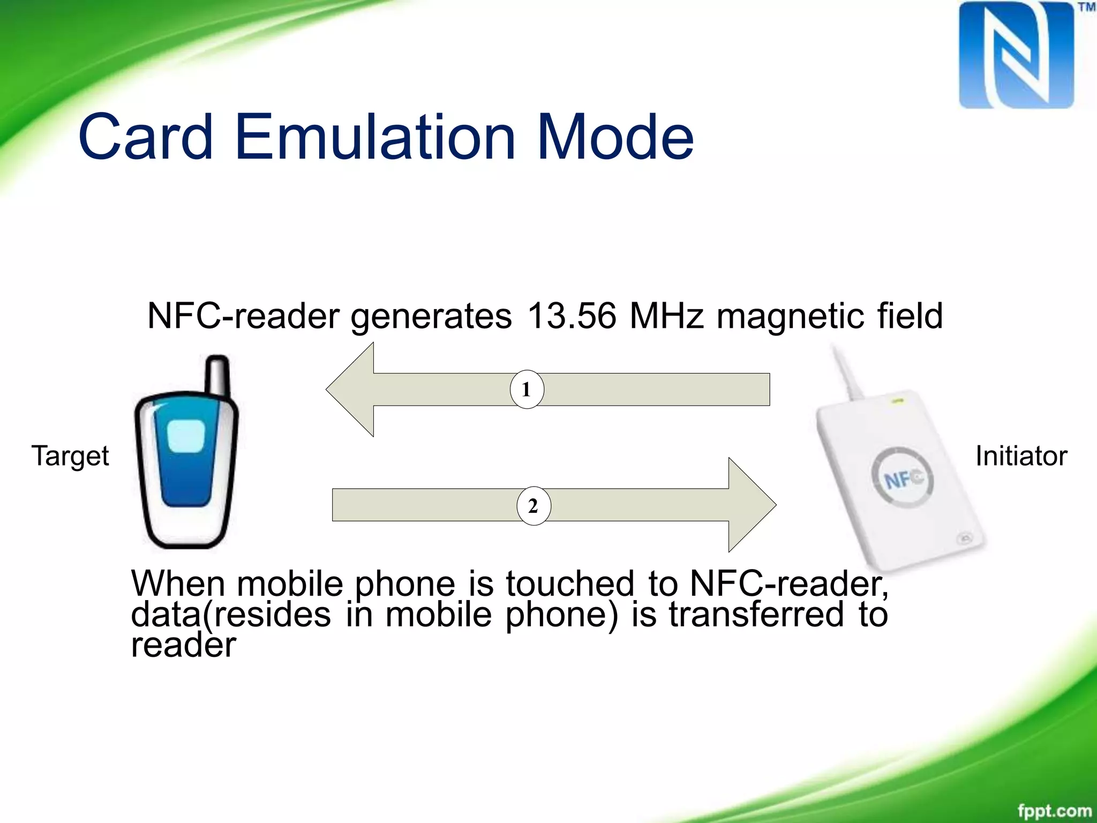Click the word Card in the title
(x=146, y=137)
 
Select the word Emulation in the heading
(x=375, y=137)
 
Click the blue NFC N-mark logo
(x=1016, y=56)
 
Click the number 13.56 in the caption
(x=572, y=316)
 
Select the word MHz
(x=666, y=316)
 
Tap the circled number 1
(x=527, y=390)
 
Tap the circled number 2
(x=534, y=506)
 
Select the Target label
(x=70, y=457)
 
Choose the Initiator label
(x=1021, y=457)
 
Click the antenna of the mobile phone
(x=217, y=375)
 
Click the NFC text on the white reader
(x=903, y=478)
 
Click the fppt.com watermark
(x=1054, y=810)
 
